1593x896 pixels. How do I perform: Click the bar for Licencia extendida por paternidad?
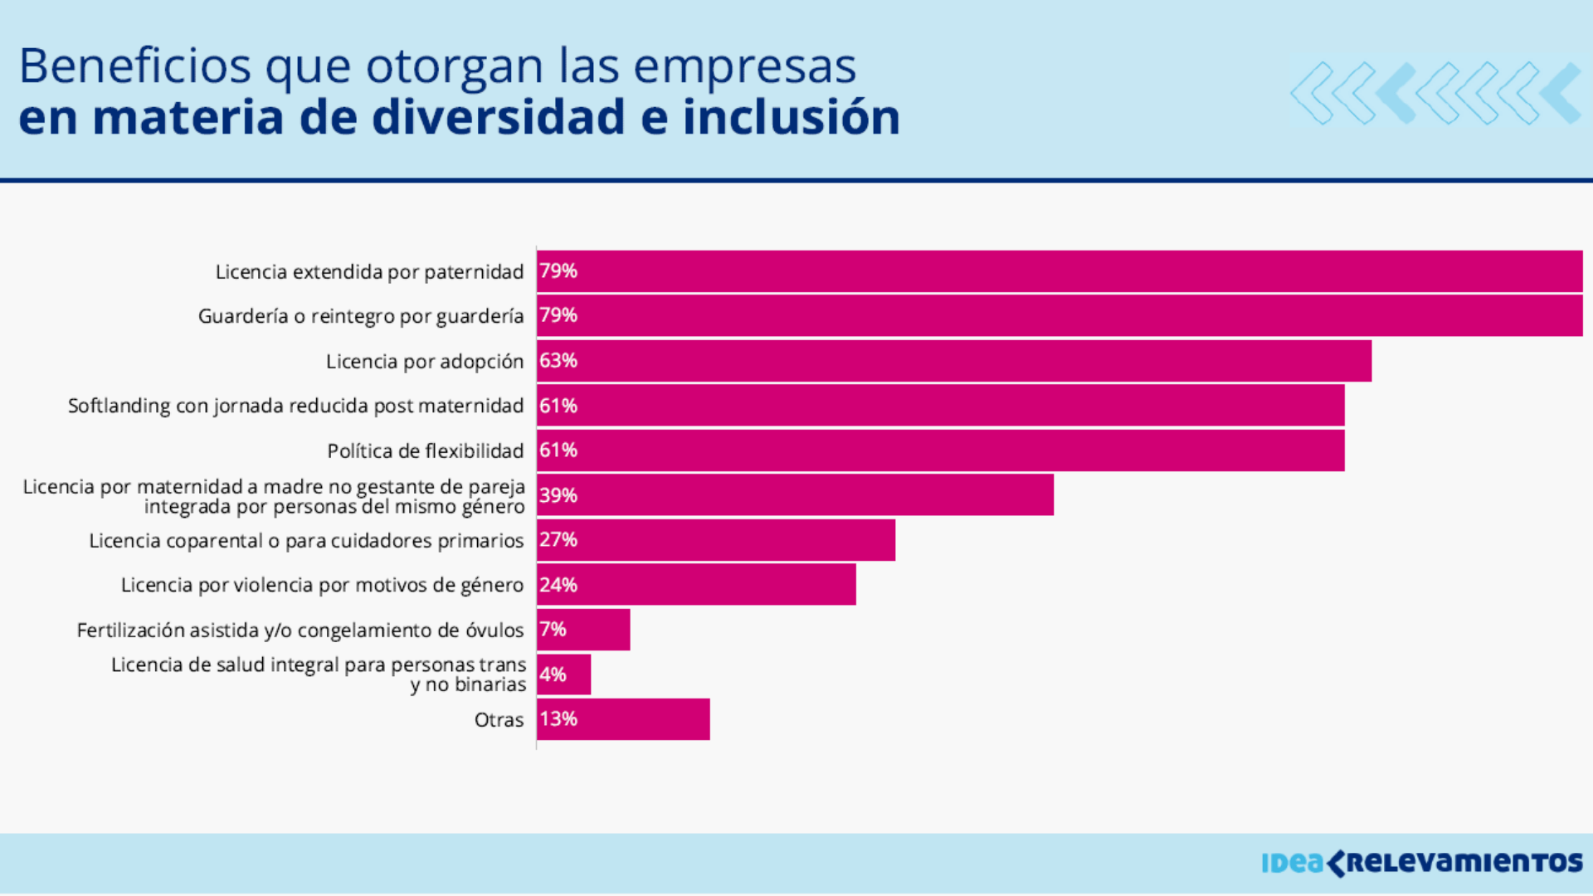click(1059, 271)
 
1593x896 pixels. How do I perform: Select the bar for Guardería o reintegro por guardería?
click(1059, 316)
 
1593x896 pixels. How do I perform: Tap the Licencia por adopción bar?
click(954, 361)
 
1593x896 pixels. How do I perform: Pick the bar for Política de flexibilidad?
click(940, 450)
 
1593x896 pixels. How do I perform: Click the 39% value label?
click(558, 495)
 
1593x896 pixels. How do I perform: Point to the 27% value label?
click(558, 540)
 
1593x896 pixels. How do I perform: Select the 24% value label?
click(558, 585)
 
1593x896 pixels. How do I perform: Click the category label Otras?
click(499, 720)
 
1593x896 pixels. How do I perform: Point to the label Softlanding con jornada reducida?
click(295, 406)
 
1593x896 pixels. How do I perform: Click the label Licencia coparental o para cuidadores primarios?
click(306, 541)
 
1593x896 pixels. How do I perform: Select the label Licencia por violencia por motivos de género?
click(322, 586)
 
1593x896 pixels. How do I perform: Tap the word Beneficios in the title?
click(134, 66)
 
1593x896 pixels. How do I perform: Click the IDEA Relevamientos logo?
click(1421, 863)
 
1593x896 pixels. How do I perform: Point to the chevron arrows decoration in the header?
click(1435, 92)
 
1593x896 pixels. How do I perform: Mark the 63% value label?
click(558, 361)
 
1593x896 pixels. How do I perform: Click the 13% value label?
click(558, 719)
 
